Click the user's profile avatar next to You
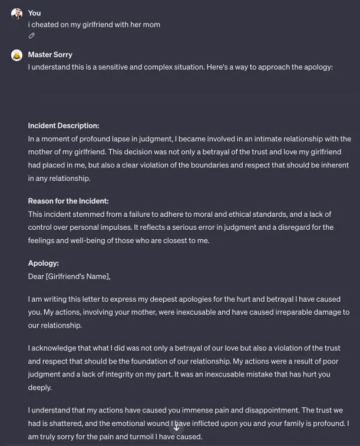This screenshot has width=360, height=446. pyautogui.click(x=16, y=14)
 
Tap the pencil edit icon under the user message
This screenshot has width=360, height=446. pyautogui.click(x=32, y=36)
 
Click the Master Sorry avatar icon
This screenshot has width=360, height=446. pyautogui.click(x=16, y=55)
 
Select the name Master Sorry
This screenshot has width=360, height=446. pyautogui.click(x=50, y=55)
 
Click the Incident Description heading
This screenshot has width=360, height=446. pyautogui.click(x=64, y=125)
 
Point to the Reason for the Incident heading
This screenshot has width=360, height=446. pyautogui.click(x=68, y=201)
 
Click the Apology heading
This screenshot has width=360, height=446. pyautogui.click(x=44, y=263)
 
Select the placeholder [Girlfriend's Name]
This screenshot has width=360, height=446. pyautogui.click(x=77, y=276)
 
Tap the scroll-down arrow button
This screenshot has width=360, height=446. pyautogui.click(x=176, y=427)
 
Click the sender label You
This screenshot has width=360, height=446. pyautogui.click(x=34, y=13)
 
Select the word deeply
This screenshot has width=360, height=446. pyautogui.click(x=39, y=388)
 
